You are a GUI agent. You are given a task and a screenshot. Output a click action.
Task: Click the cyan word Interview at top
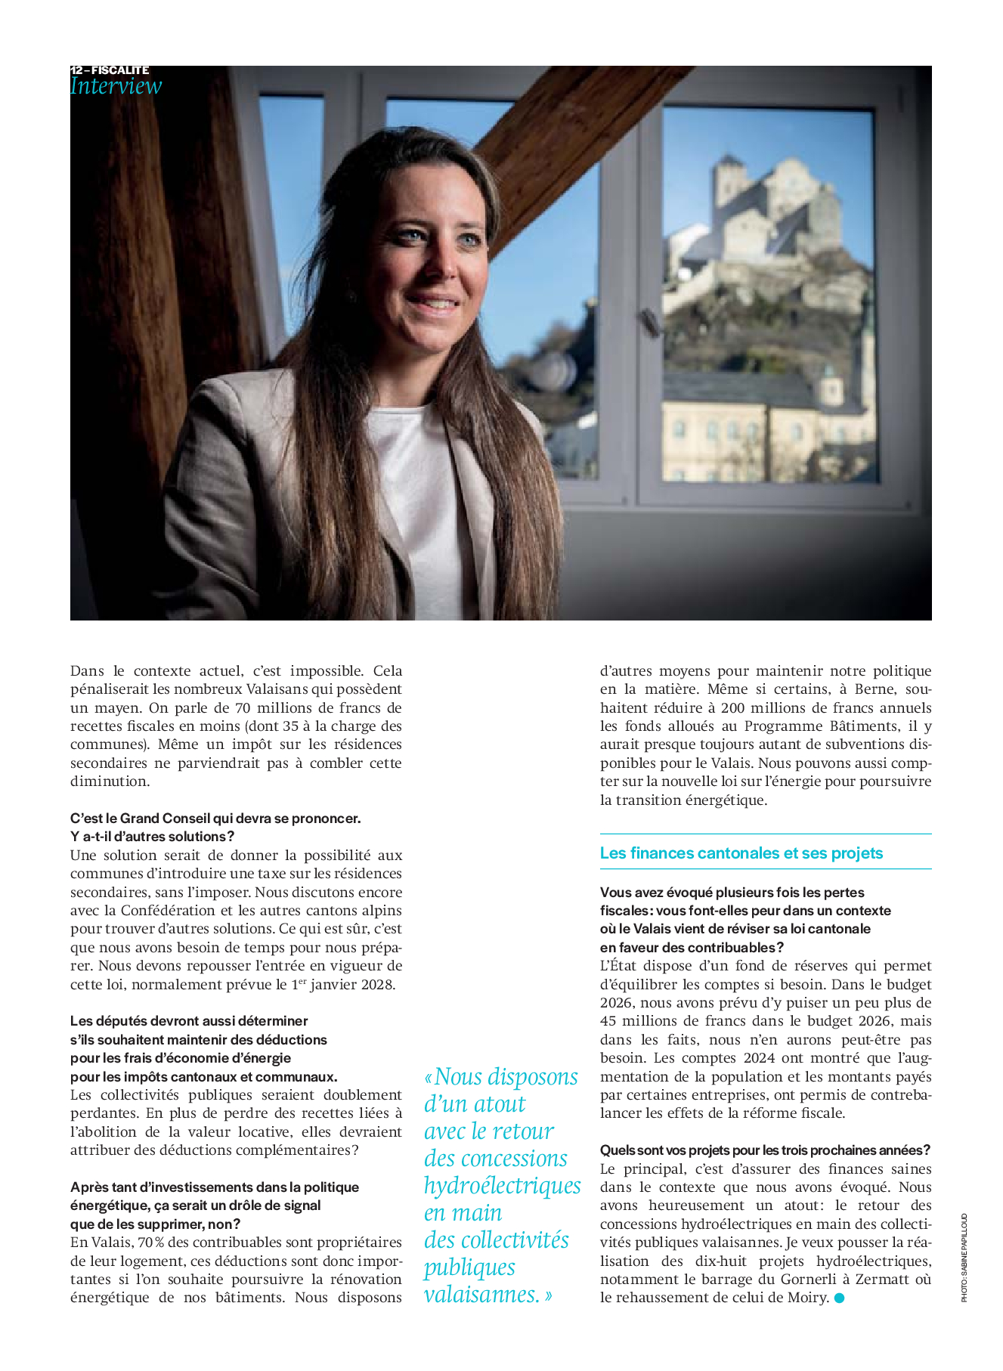pos(116,86)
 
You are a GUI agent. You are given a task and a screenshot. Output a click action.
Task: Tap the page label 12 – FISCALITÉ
pos(110,70)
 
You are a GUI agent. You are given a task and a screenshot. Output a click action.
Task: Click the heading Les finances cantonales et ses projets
pos(741,853)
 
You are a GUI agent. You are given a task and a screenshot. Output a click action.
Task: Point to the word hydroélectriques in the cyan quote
pos(502,1186)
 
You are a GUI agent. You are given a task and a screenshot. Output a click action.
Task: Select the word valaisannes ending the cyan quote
pos(481,1295)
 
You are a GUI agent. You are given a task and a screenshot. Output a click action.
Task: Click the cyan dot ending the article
pos(839,1298)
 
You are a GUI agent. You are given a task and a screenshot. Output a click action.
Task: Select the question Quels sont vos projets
pos(765,1150)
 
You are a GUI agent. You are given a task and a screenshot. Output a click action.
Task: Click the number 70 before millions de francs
pos(243,708)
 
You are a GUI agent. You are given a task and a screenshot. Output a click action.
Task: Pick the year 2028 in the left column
pos(379,985)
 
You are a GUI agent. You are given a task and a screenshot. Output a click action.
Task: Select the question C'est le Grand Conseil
pos(215,819)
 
